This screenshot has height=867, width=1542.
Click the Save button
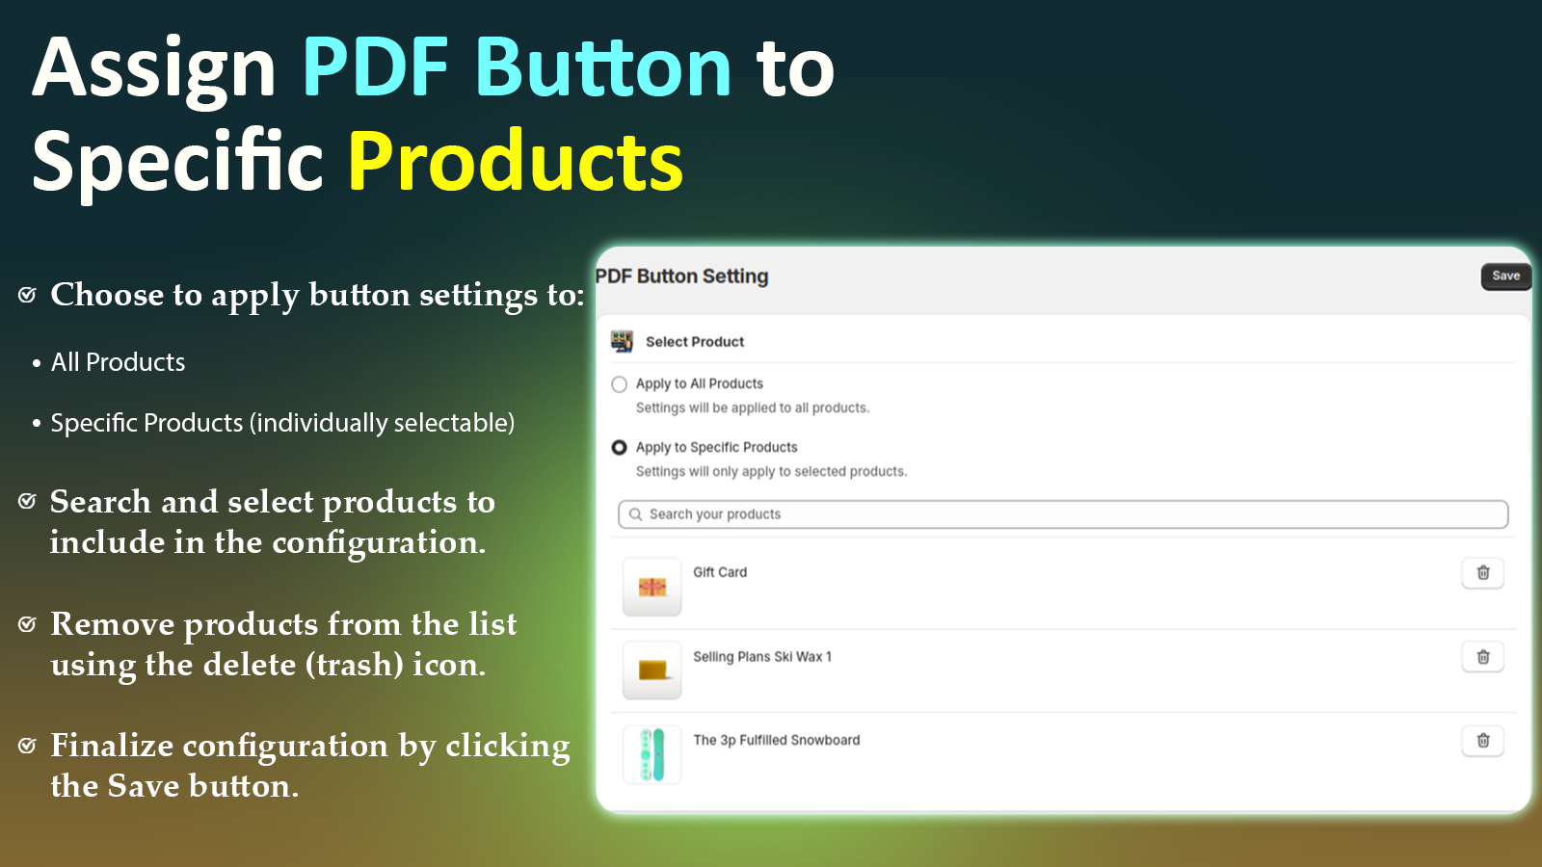1506,276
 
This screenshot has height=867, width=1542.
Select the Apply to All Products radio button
619,384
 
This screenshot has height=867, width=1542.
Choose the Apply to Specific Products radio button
619,447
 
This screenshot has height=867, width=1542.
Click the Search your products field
1063,514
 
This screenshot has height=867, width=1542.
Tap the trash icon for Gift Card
1483,572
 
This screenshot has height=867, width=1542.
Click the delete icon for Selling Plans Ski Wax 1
1483,657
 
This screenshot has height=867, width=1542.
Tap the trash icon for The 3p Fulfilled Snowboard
1483,741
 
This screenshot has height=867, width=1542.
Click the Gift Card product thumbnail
651,587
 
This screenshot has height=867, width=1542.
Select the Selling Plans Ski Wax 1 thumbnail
651,670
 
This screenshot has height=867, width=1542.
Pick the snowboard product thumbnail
651,754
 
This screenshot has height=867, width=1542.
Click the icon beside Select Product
622,341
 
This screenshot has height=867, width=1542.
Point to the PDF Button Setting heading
681,276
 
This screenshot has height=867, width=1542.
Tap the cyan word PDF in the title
376,67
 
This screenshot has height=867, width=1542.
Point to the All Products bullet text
118,362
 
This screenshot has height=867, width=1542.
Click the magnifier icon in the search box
635,514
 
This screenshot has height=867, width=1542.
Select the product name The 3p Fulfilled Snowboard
777,741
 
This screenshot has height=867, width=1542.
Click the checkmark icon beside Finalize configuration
27,746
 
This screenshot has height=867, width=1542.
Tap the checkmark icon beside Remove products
27,624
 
